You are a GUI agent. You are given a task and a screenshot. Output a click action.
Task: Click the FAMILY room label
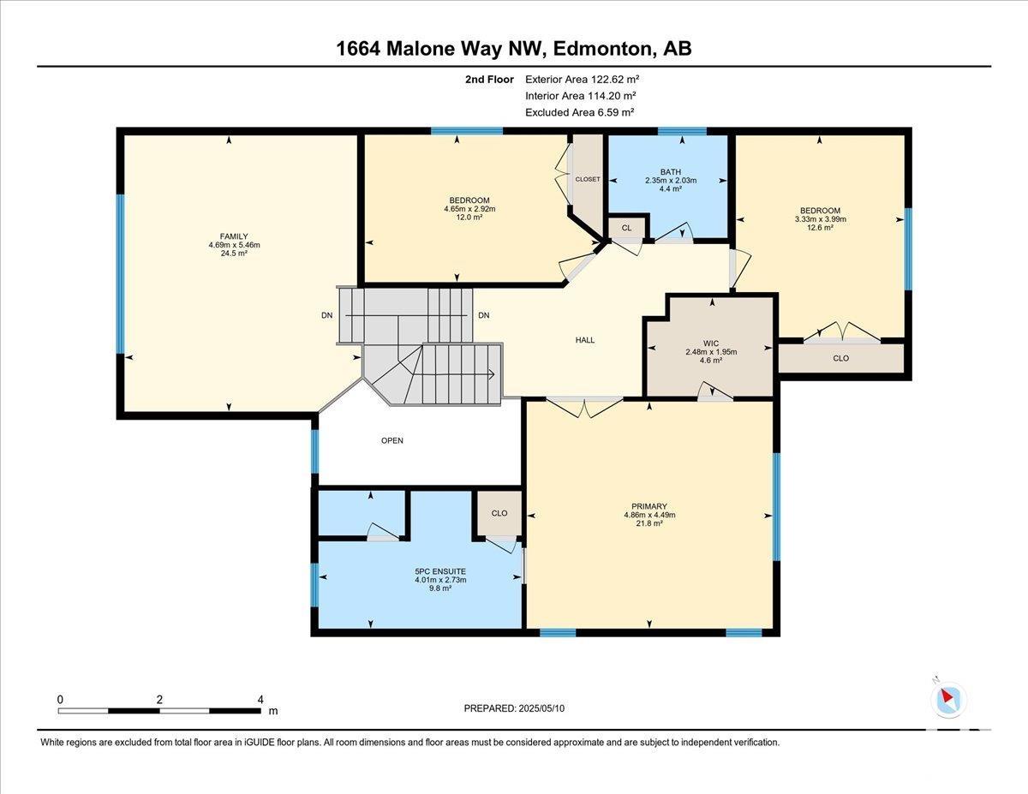point(234,236)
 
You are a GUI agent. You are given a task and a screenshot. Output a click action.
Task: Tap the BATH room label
point(671,172)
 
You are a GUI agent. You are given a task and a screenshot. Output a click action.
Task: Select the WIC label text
point(711,343)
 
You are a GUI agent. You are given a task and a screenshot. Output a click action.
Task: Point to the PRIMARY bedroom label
point(649,506)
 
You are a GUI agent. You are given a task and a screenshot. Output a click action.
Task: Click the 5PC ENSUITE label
point(440,571)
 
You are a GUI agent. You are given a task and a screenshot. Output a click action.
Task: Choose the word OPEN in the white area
point(392,441)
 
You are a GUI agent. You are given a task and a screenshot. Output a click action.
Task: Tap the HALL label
point(585,340)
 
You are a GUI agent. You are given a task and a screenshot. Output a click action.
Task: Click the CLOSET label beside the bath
point(588,179)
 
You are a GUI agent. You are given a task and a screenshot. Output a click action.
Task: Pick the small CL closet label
point(627,228)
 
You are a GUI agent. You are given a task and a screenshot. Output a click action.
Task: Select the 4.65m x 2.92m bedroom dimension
point(469,209)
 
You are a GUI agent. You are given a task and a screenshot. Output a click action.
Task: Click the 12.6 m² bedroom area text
point(821,228)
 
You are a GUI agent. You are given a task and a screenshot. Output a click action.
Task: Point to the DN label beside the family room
point(327,315)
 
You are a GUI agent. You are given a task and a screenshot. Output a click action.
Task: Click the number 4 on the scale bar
point(260,699)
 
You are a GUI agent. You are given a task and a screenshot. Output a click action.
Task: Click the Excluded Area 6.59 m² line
point(579,112)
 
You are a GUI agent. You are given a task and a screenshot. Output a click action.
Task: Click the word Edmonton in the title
point(603,49)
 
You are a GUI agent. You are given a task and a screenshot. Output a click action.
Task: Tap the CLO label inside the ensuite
point(499,514)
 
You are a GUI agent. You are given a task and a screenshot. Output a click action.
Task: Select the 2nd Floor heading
point(490,80)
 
